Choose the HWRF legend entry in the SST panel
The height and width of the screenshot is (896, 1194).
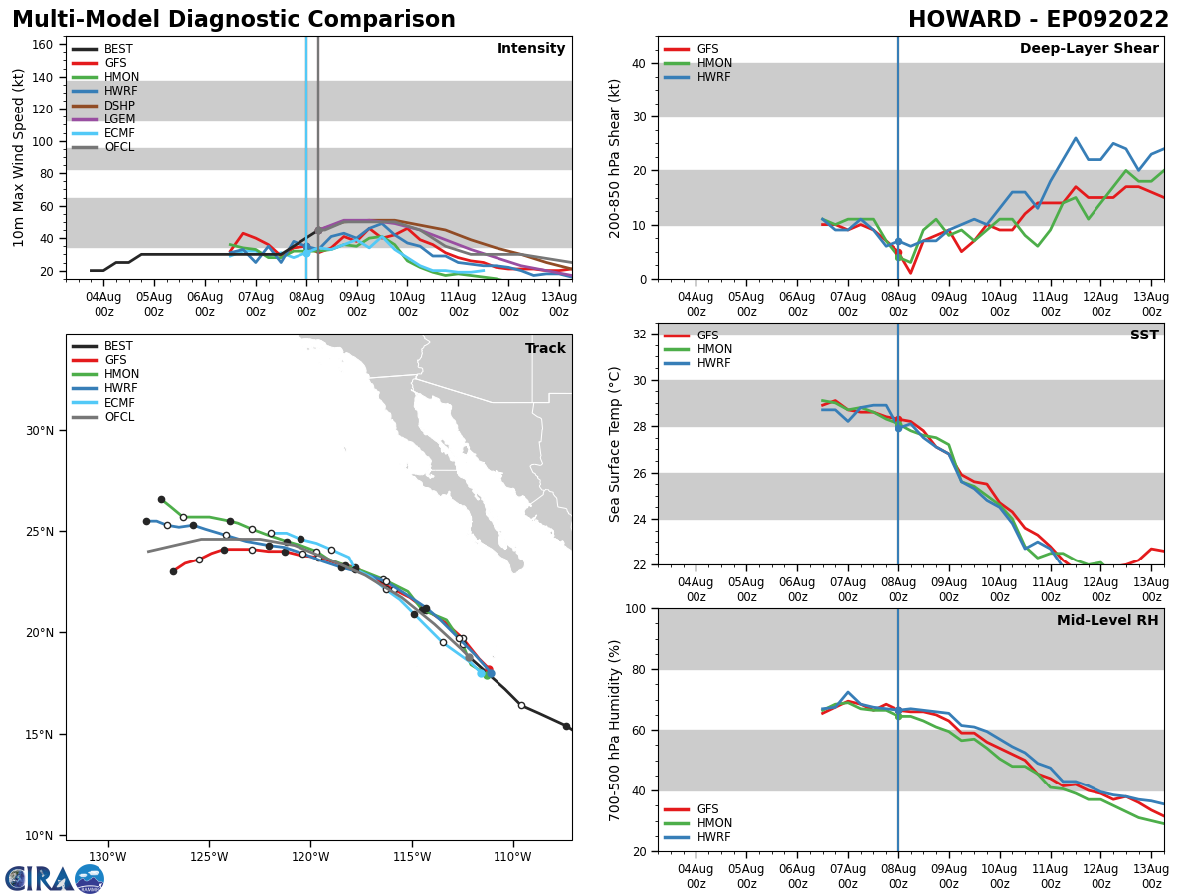pos(714,363)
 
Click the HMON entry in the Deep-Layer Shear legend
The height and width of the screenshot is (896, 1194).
pos(714,63)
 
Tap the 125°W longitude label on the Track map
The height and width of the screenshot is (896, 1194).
pos(209,857)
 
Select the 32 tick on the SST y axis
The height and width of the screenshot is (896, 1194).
pos(639,335)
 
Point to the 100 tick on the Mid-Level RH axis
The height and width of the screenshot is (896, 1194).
pos(635,608)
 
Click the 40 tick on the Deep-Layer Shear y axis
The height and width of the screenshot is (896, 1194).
pos(639,63)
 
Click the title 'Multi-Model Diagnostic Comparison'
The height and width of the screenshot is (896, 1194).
pos(234,20)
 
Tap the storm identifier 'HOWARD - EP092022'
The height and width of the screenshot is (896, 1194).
pos(1039,20)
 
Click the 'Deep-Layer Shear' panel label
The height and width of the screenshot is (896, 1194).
pos(1089,49)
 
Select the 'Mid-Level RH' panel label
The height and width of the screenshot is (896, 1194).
pos(1107,621)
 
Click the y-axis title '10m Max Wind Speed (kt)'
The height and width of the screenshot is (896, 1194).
pos(19,157)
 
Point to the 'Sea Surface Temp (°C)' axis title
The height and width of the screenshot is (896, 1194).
pos(615,444)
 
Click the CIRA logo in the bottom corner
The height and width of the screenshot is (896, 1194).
pos(55,878)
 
